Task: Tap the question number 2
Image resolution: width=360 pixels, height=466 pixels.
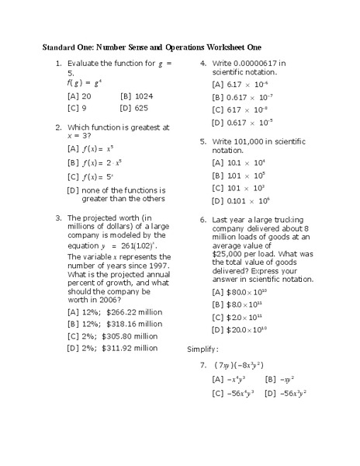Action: pyautogui.click(x=59, y=127)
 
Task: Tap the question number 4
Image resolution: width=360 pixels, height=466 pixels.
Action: pyautogui.click(x=203, y=63)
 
